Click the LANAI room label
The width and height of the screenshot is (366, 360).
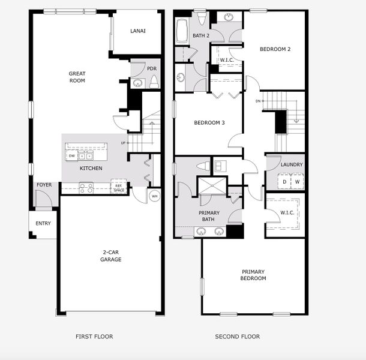coord(137,31)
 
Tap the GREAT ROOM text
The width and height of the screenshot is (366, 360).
coord(77,77)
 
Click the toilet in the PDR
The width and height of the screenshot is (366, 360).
coord(154,82)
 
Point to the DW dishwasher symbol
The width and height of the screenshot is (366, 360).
coord(72,156)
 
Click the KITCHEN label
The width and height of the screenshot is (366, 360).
coord(91,169)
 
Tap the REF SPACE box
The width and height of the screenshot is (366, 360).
coord(119,188)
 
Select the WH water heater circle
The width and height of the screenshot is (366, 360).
coord(154,196)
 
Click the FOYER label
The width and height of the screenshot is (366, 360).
coord(44,185)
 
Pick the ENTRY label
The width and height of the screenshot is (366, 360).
coord(43,224)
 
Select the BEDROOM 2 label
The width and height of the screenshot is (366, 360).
coord(275,49)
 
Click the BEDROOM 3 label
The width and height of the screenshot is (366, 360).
coord(209,123)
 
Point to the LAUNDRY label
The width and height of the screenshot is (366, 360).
coord(292,164)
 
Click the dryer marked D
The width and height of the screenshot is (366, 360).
coord(284,181)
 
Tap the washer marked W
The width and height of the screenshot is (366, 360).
coord(297,181)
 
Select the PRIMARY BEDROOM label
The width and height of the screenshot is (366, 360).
coord(253,275)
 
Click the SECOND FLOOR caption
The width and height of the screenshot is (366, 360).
coord(238,337)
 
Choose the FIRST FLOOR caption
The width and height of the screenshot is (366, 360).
coord(94,337)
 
